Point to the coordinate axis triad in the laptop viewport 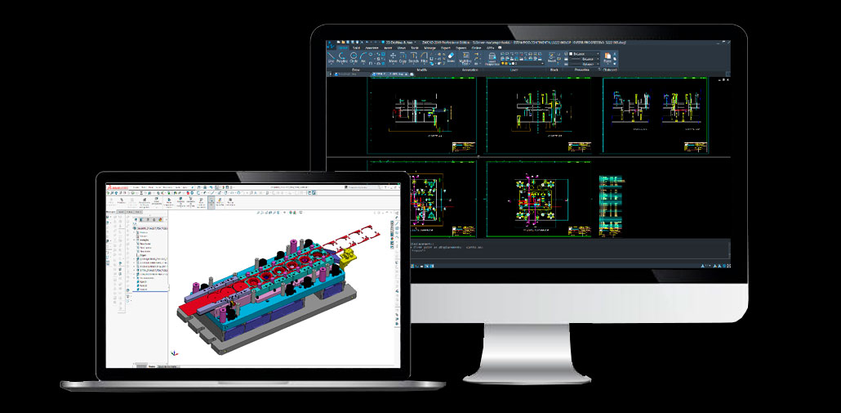pyautogui.click(x=173, y=353)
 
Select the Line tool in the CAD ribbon pyautogui.click(x=331, y=56)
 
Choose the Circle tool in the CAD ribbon pyautogui.click(x=354, y=56)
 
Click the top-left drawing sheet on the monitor pyautogui.click(x=422, y=114)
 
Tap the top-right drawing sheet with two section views pyautogui.click(x=653, y=114)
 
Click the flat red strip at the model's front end pyautogui.click(x=196, y=307)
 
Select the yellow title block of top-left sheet pyautogui.click(x=463, y=147)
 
